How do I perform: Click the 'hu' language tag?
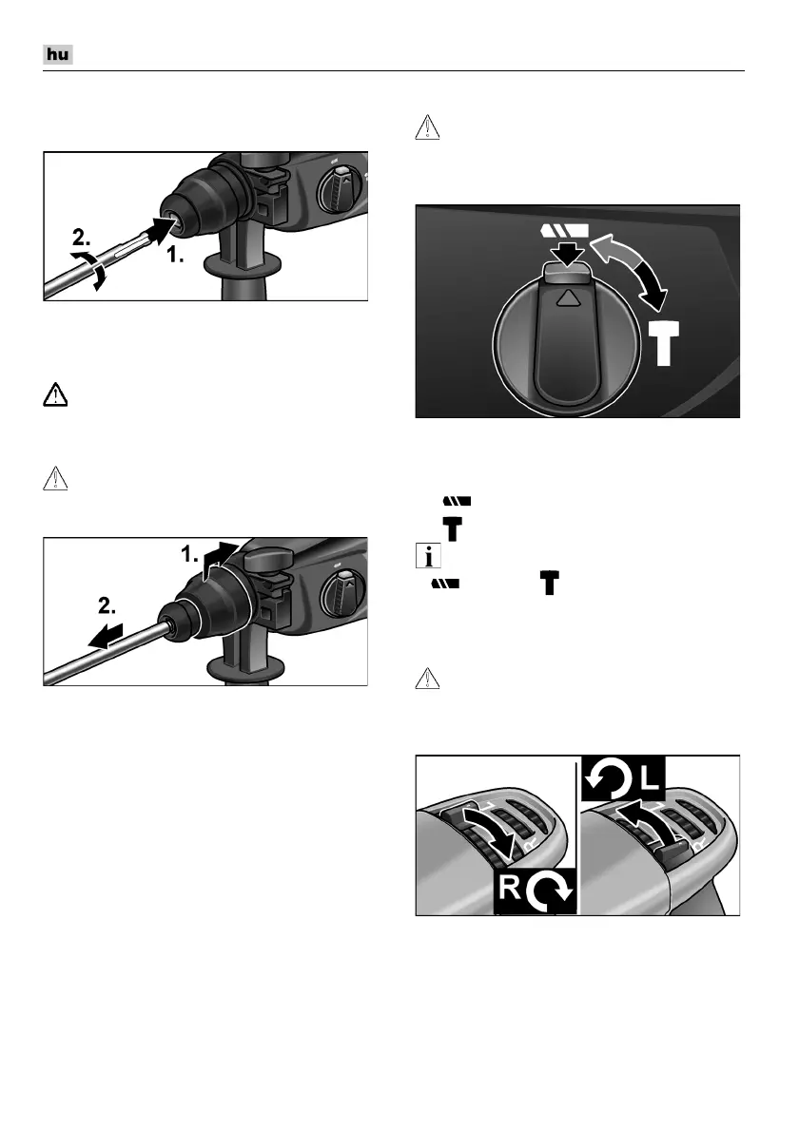tap(58, 55)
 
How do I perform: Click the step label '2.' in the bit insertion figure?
tap(82, 238)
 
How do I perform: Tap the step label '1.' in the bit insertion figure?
tap(175, 255)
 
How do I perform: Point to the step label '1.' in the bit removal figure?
tap(189, 554)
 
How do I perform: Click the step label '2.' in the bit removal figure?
tap(107, 606)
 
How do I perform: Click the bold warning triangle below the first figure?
tap(55, 395)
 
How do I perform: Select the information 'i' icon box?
tap(429, 556)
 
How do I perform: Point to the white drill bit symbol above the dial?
tap(564, 231)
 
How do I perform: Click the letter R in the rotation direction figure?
tap(510, 887)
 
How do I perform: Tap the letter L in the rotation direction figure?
tap(650, 776)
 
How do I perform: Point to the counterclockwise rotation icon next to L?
tap(609, 777)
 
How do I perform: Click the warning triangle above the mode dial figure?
tap(428, 127)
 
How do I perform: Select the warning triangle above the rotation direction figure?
tap(428, 678)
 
